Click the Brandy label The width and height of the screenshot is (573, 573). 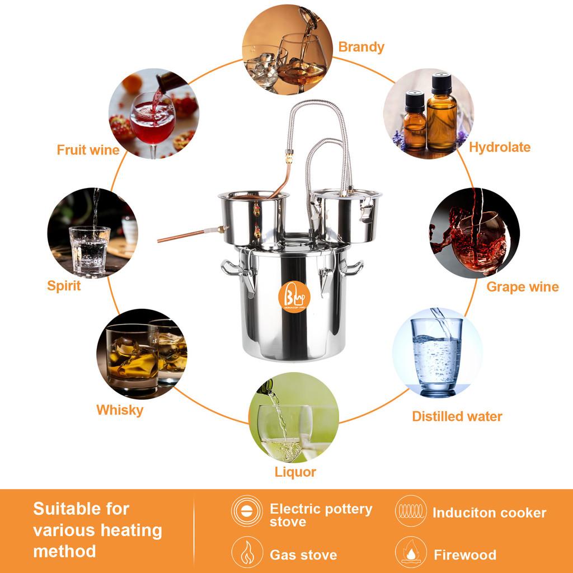tap(361, 46)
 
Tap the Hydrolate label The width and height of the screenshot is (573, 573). tap(499, 147)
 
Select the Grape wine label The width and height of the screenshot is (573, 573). tap(522, 287)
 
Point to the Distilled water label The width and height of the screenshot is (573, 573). tap(457, 416)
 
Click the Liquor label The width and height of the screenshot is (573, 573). tap(295, 472)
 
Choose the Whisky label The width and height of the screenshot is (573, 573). tap(120, 410)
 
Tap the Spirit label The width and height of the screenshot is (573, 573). tap(64, 286)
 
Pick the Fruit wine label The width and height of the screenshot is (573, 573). tap(88, 150)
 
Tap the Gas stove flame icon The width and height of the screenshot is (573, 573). tap(247, 552)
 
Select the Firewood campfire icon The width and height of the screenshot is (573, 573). tap(411, 552)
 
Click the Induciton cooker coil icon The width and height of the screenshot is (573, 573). tap(411, 511)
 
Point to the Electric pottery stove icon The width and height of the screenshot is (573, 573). tap(247, 511)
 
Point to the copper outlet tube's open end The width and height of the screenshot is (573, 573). tap(159, 241)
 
